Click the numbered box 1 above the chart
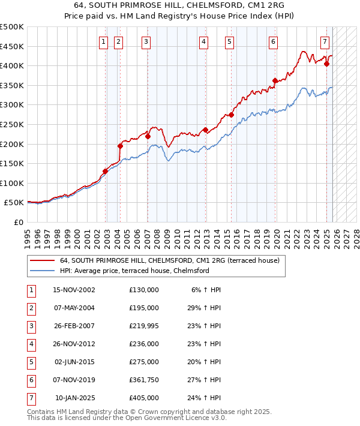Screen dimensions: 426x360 pyautogui.click(x=104, y=42)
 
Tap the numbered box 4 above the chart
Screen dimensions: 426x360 pyautogui.click(x=204, y=42)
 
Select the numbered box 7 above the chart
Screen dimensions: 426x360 pyautogui.click(x=325, y=42)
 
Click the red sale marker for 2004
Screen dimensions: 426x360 pyautogui.click(x=120, y=146)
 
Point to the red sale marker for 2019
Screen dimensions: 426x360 pyautogui.click(x=275, y=81)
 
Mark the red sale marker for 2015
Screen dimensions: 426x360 pyautogui.click(x=231, y=115)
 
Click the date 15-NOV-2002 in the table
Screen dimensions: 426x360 pyautogui.click(x=74, y=290)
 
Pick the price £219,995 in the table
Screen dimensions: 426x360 pyautogui.click(x=144, y=326)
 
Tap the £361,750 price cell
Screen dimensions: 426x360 pyautogui.click(x=144, y=380)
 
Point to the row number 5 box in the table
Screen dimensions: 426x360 pyautogui.click(x=31, y=362)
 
